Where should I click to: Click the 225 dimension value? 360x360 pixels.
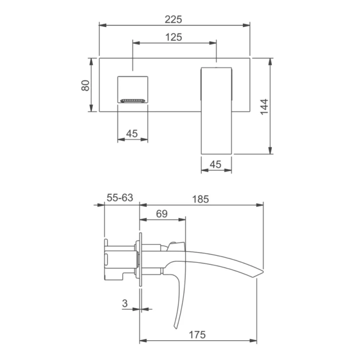coord(173,19)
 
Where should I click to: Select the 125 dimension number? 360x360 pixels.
coord(174,37)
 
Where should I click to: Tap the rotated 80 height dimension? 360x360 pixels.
coord(85,85)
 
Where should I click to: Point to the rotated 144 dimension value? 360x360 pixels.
coord(264,107)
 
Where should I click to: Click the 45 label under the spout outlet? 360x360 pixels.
coord(132,133)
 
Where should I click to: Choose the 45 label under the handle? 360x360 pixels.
coord(216,164)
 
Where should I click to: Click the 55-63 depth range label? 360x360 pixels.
coord(120,198)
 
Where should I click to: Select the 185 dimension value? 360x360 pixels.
coord(200,199)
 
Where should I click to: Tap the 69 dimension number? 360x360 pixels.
coord(162,214)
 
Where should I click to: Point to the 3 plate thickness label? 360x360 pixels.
coord(125,303)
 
